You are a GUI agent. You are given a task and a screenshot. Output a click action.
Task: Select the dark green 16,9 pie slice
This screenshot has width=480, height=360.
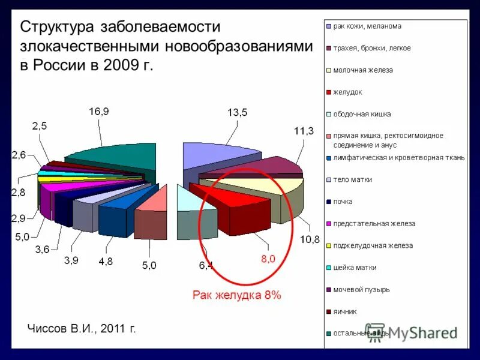click(x=114, y=158)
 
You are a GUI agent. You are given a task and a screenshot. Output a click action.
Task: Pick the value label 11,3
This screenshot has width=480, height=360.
click(x=303, y=131)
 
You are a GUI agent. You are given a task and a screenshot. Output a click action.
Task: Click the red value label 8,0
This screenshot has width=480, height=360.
click(x=268, y=259)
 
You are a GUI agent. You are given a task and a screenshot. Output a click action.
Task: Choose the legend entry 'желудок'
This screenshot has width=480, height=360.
click(x=348, y=92)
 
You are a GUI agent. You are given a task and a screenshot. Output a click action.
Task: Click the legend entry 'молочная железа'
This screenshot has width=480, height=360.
click(x=363, y=70)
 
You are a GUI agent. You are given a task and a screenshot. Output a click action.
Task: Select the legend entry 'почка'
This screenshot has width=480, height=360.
click(x=343, y=202)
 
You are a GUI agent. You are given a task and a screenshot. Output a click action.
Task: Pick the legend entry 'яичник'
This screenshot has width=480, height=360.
click(x=344, y=311)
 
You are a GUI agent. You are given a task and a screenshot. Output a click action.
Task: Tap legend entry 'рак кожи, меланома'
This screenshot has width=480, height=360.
click(x=367, y=26)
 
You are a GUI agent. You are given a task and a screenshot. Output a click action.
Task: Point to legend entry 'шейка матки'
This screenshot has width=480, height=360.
click(x=355, y=268)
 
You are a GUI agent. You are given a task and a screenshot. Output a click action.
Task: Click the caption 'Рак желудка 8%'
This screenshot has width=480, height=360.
click(x=236, y=295)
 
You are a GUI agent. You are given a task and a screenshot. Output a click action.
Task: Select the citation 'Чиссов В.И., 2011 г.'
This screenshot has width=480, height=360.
click(x=81, y=328)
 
